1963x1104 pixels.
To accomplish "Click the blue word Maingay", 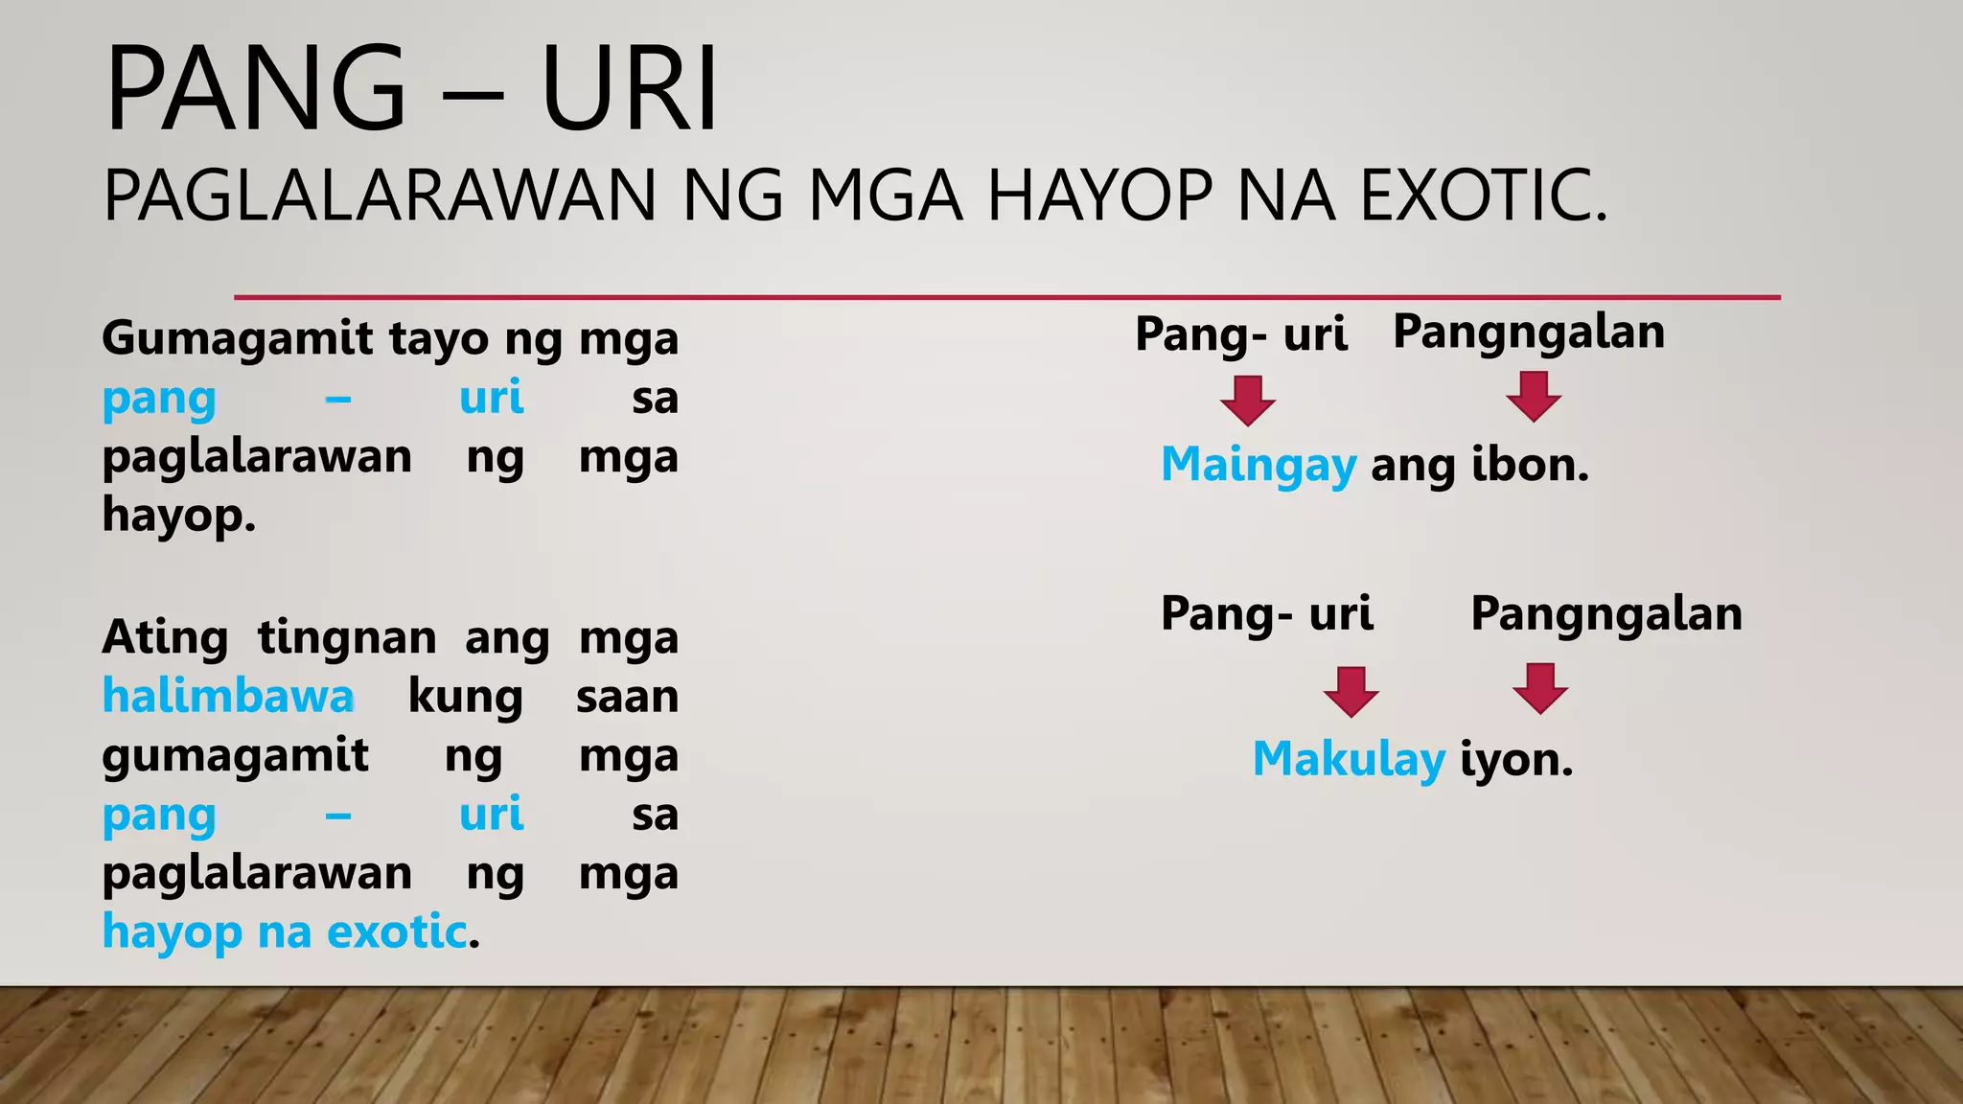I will pos(1258,466).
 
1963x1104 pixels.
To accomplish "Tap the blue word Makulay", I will pos(1348,760).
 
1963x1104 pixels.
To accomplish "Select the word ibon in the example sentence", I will pos(1530,465).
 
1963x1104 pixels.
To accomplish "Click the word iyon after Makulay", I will pos(1516,760).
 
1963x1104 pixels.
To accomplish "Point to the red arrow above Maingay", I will pos(1247,400).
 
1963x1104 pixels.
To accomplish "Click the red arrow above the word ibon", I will pos(1533,397).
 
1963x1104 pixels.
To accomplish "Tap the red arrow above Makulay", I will pos(1351,691).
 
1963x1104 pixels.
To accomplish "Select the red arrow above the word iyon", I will pos(1539,688).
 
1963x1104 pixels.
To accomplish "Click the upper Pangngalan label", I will pos(1528,333).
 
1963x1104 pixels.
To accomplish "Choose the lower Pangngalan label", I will pos(1606,614).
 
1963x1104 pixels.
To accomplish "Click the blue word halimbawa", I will pos(228,696).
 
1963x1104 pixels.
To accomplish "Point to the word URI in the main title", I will pos(628,89).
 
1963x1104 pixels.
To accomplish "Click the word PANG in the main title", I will pos(255,89).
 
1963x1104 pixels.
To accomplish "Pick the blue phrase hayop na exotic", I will pos(285,931).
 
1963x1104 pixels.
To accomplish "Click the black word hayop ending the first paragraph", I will pos(178,516).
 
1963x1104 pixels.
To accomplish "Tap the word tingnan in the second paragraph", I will pos(346,638).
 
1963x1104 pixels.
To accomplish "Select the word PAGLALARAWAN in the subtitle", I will pos(379,195).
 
